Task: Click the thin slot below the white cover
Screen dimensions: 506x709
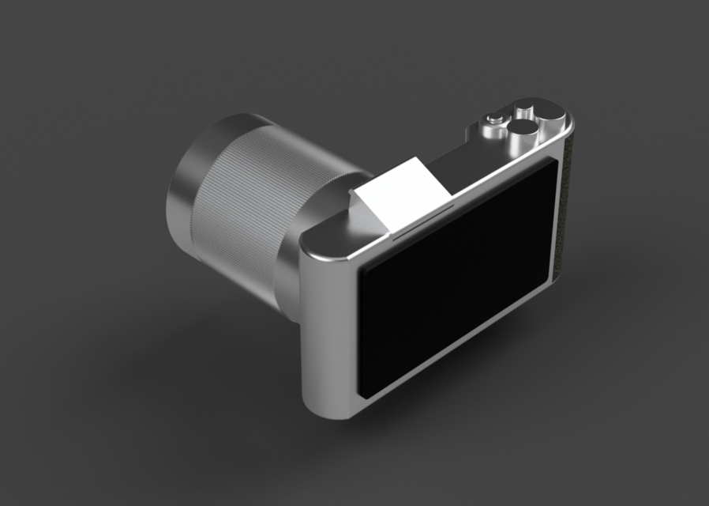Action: click(422, 222)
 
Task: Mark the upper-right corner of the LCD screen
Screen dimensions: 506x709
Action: click(553, 166)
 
